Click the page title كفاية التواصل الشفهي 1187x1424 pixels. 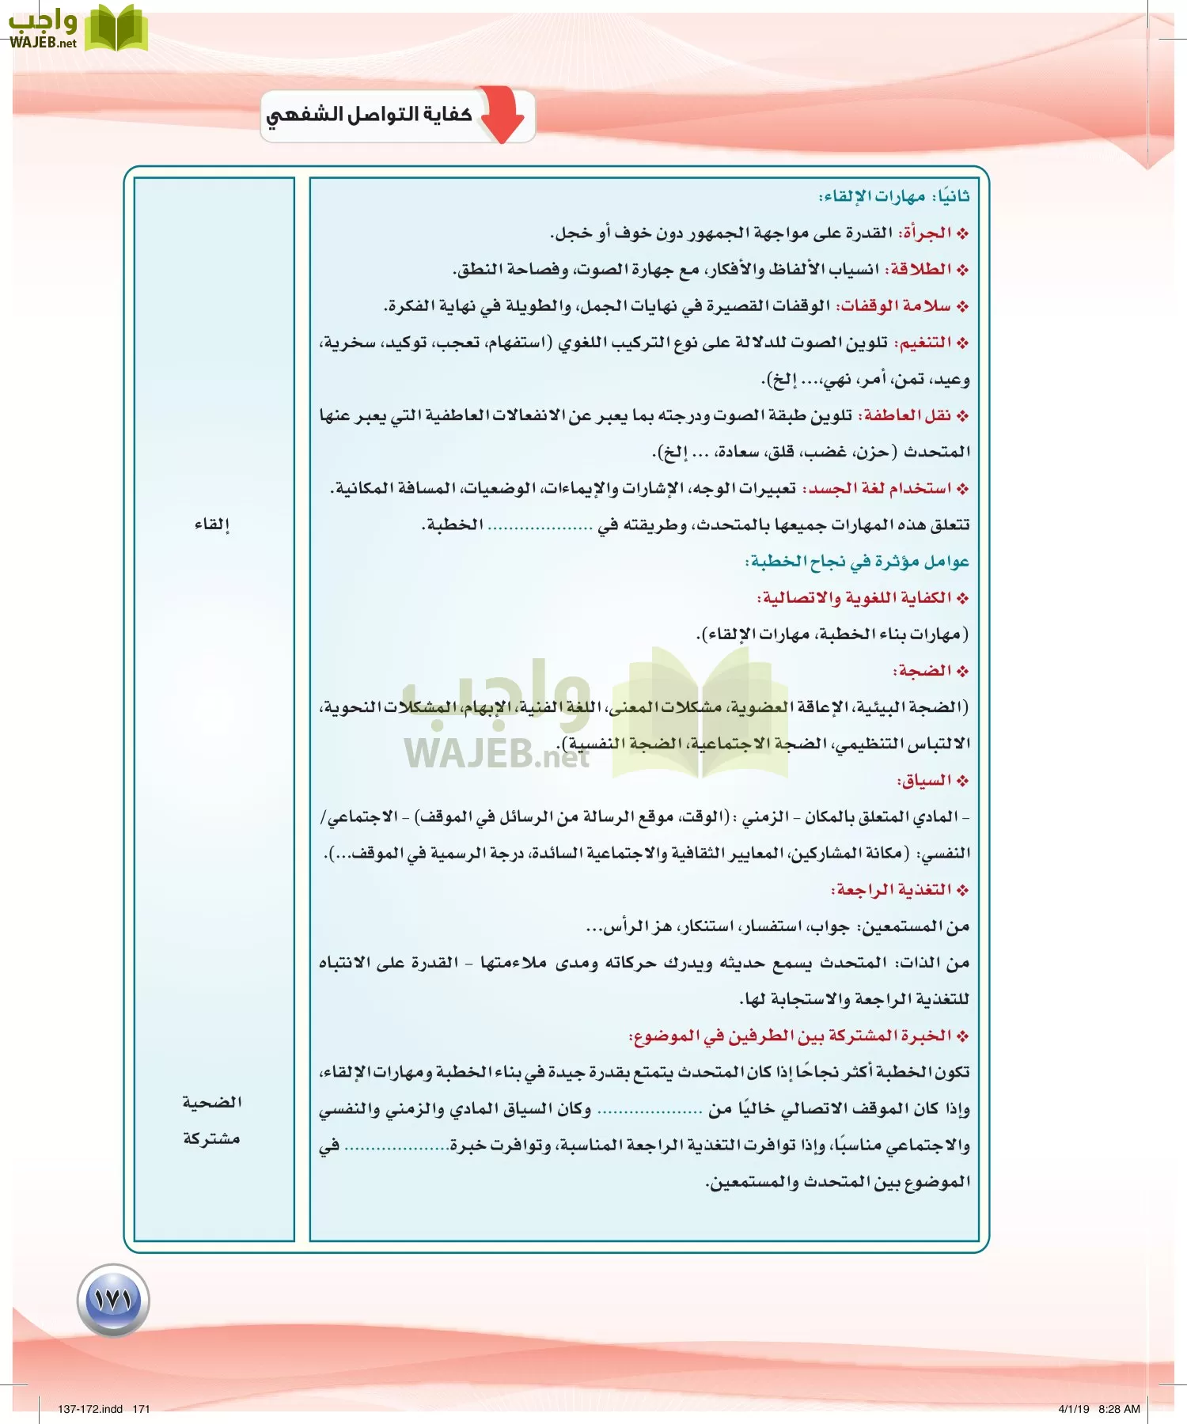tap(369, 116)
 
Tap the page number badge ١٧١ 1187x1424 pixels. tap(113, 1300)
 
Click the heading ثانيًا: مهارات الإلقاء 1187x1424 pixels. tap(894, 196)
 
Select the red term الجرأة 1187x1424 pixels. tap(927, 233)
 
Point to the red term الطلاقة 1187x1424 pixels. tap(920, 270)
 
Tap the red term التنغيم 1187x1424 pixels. tap(923, 343)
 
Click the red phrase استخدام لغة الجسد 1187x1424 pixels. tap(878, 489)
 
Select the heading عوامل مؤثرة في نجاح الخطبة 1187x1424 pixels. tap(858, 562)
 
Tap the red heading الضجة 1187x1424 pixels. tap(923, 671)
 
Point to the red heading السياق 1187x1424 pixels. tap(924, 781)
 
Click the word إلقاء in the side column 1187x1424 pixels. tap(212, 525)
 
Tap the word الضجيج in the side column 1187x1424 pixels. tap(212, 1102)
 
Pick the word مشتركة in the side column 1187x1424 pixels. tap(211, 1138)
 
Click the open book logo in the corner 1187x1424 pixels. tap(116, 28)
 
